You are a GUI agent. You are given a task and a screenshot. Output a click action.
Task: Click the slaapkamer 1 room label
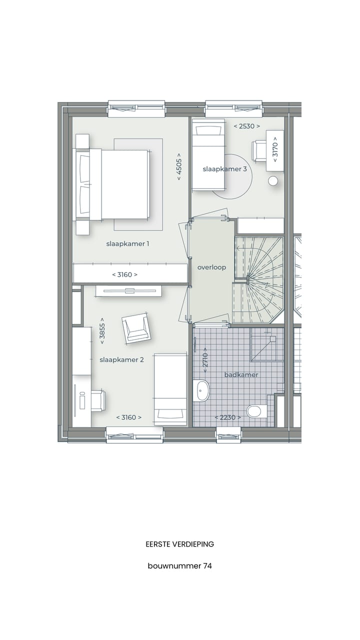[127, 244]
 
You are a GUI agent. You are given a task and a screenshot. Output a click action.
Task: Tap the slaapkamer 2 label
[121, 359]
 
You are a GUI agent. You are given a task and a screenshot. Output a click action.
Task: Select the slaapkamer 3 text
[224, 169]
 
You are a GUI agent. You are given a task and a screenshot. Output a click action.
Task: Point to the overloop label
[211, 267]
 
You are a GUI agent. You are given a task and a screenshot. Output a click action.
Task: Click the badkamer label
[241, 374]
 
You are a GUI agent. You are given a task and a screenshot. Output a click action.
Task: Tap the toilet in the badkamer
[254, 411]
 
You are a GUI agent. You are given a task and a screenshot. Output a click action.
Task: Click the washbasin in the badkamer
[202, 390]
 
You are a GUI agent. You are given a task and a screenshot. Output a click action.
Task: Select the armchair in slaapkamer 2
[136, 328]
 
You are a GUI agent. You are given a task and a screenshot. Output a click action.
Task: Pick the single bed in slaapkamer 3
[208, 154]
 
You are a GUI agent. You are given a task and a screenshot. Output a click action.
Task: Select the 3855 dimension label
[102, 330]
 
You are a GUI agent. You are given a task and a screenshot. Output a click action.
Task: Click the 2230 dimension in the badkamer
[227, 417]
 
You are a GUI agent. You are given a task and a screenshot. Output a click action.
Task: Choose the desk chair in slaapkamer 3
[259, 150]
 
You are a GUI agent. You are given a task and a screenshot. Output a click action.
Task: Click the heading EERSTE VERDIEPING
[179, 544]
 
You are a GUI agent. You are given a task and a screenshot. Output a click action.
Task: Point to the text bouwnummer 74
[179, 566]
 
